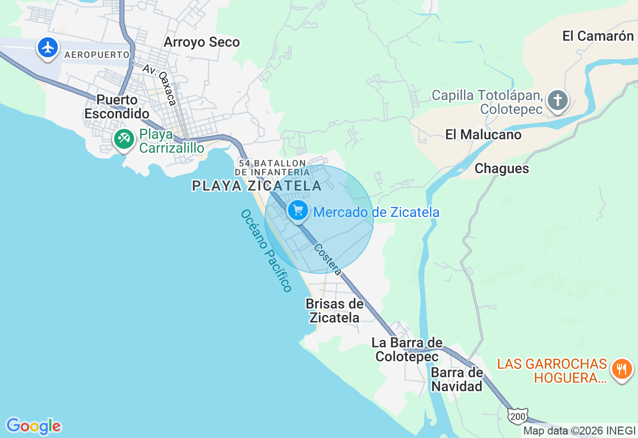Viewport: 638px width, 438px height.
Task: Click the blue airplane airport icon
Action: click(x=48, y=48)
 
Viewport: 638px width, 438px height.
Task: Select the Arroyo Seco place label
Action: click(x=201, y=42)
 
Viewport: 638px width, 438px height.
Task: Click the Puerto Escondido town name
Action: click(x=117, y=107)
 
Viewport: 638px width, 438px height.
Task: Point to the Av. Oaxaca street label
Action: click(x=159, y=84)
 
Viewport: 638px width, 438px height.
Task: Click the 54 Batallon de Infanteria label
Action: click(x=272, y=167)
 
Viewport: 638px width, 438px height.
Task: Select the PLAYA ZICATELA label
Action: click(x=257, y=186)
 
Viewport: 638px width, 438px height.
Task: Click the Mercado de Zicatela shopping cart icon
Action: click(x=298, y=211)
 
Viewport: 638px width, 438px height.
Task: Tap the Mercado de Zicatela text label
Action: click(x=376, y=213)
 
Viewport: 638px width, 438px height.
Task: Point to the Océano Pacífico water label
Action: click(x=266, y=250)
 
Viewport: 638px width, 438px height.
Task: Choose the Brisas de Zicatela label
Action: click(x=334, y=311)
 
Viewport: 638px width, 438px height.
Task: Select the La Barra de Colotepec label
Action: click(x=407, y=349)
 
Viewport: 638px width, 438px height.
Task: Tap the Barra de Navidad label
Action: click(x=457, y=379)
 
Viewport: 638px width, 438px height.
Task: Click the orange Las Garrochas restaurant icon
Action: click(x=622, y=369)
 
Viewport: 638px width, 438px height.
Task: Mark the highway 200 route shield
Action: click(x=517, y=416)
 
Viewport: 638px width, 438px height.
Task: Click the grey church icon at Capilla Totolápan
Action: click(x=557, y=101)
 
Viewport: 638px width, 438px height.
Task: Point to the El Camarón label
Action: click(x=598, y=36)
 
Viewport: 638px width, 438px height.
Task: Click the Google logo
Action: click(x=33, y=426)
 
